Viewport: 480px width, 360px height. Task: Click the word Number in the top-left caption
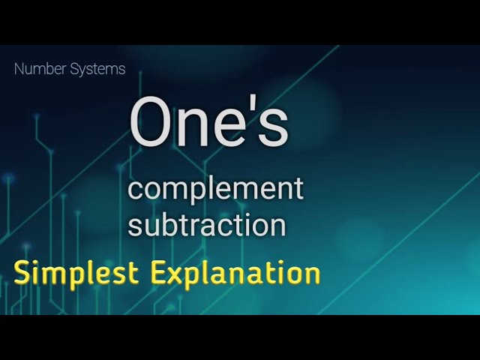(37, 70)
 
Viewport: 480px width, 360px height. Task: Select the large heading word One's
(208, 122)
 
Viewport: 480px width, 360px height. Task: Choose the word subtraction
(206, 224)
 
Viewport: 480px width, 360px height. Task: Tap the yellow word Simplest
(76, 273)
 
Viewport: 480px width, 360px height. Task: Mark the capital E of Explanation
(158, 272)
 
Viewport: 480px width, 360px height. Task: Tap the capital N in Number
(19, 70)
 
